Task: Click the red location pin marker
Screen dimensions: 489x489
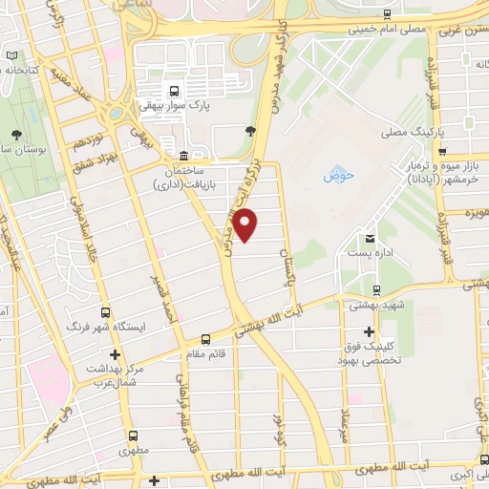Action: (246, 226)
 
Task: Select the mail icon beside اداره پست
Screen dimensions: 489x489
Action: (371, 238)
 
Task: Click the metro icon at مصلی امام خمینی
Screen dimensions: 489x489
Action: (386, 13)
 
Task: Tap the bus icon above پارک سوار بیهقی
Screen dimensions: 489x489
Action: (173, 92)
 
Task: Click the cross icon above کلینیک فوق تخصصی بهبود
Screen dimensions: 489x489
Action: (369, 331)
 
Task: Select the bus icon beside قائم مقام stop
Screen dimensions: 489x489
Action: (205, 338)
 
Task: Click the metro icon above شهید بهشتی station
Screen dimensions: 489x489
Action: (377, 288)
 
